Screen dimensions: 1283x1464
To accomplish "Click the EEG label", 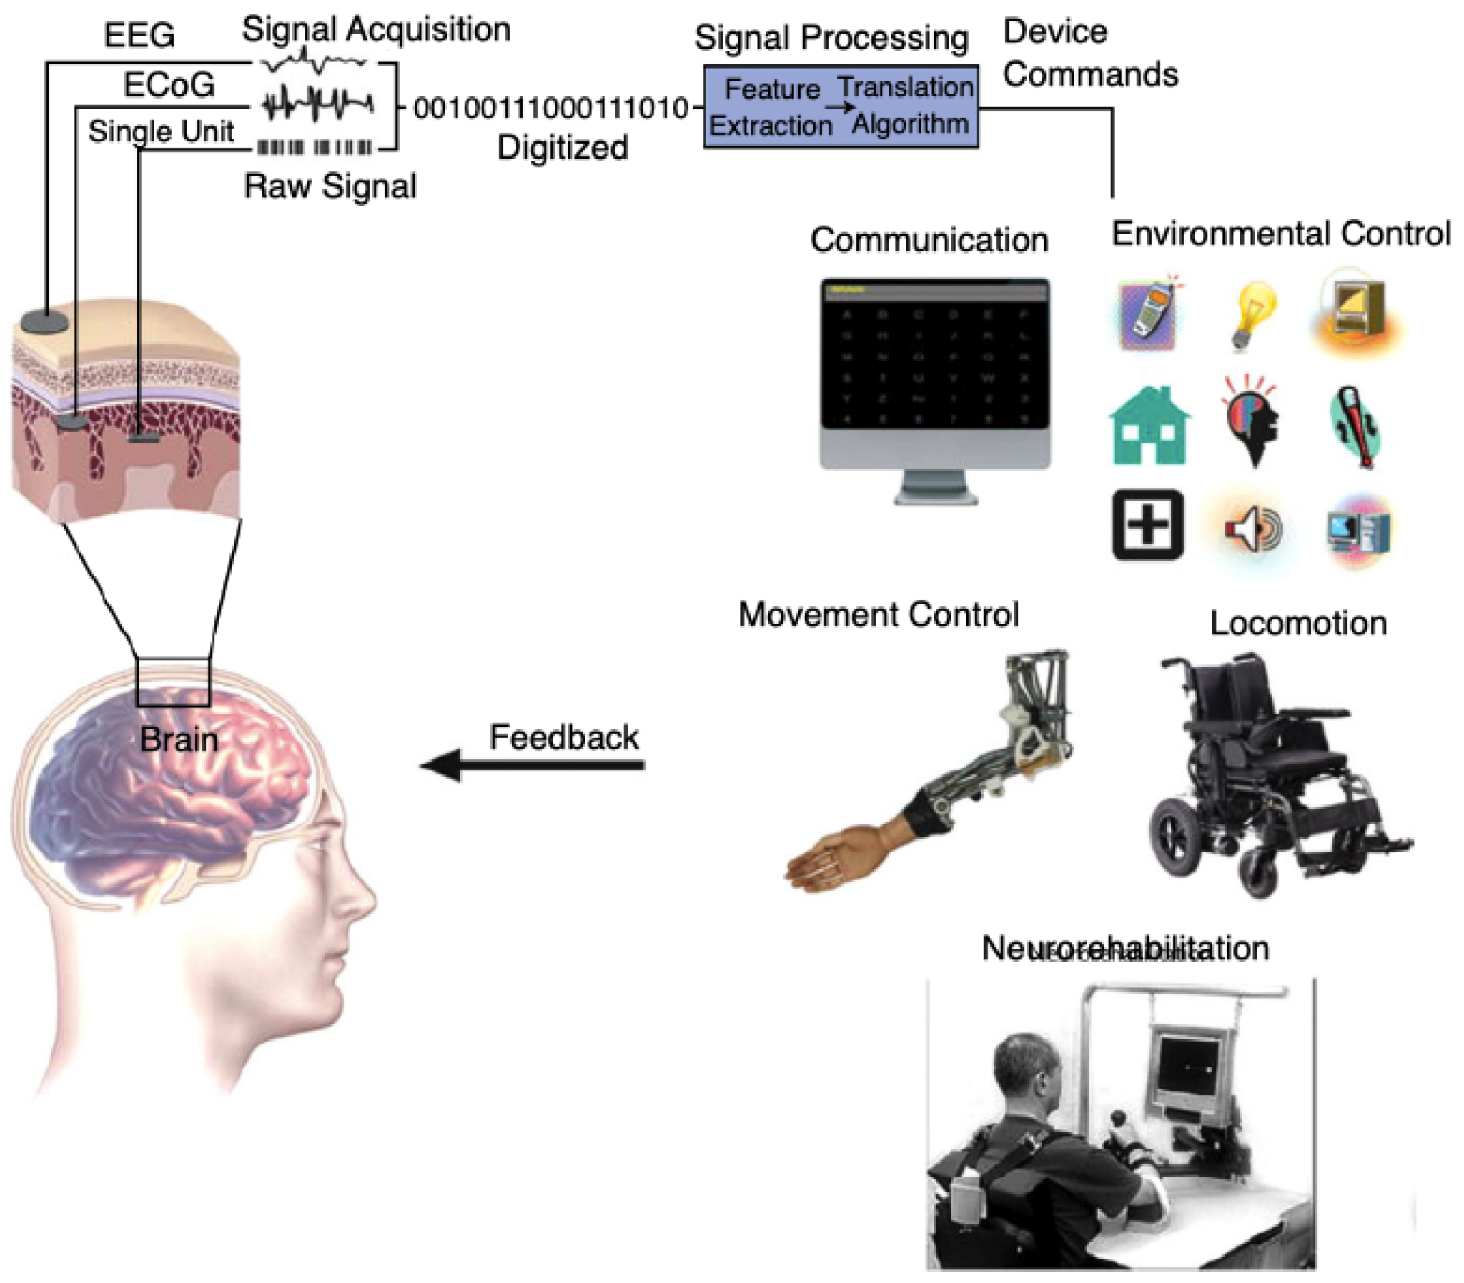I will click(139, 35).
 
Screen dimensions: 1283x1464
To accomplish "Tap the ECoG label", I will click(169, 85).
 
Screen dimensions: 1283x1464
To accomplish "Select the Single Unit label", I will click(161, 131).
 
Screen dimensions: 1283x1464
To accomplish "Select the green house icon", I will click(1149, 426).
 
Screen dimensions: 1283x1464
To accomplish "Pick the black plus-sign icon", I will click(1147, 526).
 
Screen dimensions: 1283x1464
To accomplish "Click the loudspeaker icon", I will click(1252, 530).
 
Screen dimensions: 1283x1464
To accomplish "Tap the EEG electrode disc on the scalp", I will click(44, 321).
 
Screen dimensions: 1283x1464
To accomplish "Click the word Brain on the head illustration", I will click(178, 739).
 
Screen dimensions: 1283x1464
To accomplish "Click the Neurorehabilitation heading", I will click(1124, 949).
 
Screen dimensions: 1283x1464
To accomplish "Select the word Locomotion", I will click(1298, 624).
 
